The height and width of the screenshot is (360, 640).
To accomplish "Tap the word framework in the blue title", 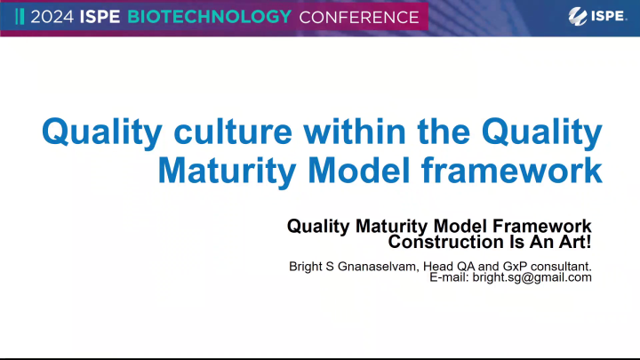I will (x=524, y=170).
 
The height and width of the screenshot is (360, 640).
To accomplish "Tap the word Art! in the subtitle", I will (x=573, y=241).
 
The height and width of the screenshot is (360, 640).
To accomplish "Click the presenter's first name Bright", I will (x=307, y=265).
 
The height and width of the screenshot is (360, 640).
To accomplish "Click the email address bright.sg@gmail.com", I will (x=537, y=277).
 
